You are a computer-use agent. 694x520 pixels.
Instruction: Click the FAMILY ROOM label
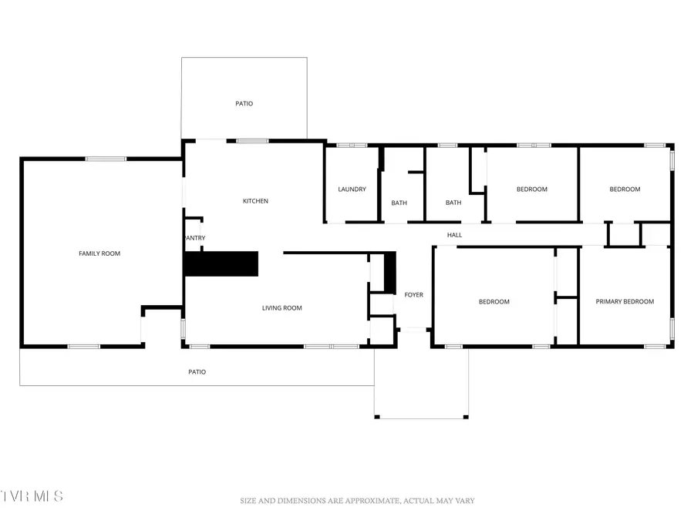[99, 253]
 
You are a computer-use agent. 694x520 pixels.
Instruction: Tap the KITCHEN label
[255, 201]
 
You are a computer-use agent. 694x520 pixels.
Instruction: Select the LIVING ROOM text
[281, 308]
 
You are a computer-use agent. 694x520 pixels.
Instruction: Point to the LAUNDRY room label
[352, 190]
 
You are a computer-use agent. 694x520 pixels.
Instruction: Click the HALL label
[454, 235]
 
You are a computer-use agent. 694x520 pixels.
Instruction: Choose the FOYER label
[413, 295]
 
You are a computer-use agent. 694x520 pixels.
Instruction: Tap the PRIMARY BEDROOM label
[625, 302]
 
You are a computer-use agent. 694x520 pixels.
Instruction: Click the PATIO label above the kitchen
[244, 104]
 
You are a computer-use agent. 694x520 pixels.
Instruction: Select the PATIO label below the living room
[197, 372]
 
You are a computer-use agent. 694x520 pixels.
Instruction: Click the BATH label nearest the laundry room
[399, 203]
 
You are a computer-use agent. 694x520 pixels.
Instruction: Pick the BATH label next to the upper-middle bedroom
[453, 203]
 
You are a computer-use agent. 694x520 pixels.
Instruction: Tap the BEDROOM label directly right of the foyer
[494, 302]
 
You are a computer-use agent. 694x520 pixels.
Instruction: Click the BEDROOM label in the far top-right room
[625, 190]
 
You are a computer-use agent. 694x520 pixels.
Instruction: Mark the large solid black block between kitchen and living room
[221, 263]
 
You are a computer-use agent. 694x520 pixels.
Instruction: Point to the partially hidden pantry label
[195, 238]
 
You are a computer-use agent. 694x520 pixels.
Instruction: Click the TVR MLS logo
[32, 495]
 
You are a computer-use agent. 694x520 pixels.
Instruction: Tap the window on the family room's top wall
[106, 159]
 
